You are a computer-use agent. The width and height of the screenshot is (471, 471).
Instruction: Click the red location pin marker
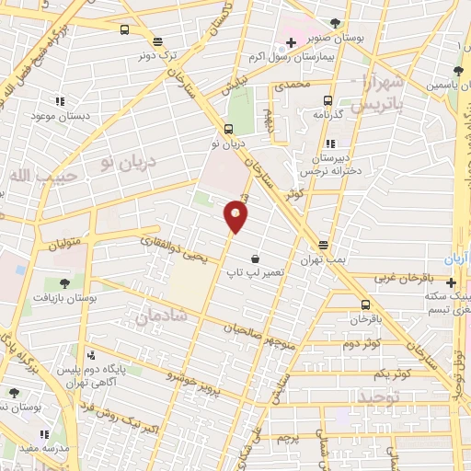[x=236, y=217]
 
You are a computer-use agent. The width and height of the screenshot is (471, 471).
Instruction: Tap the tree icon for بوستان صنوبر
[x=338, y=22]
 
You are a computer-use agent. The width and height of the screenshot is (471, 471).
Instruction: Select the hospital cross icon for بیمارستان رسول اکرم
[x=291, y=41]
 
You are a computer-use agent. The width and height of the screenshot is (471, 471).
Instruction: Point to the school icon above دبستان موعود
[x=59, y=101]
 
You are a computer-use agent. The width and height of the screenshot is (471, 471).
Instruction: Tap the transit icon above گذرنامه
[x=327, y=101]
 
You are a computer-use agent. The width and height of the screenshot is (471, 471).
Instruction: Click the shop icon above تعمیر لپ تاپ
[x=253, y=260]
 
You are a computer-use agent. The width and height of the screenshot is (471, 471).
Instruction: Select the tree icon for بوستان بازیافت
[x=64, y=282]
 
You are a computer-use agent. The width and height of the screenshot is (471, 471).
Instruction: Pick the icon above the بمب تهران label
[x=323, y=245]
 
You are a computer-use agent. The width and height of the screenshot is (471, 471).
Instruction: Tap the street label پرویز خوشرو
[x=195, y=379]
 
